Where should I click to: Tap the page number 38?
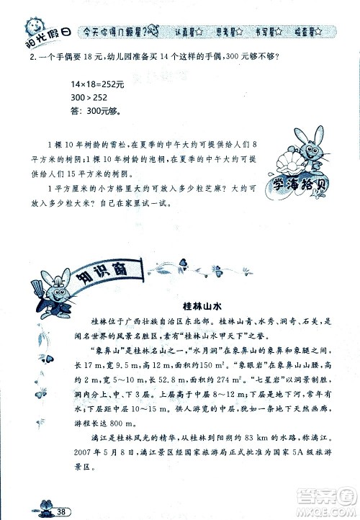point(63,511)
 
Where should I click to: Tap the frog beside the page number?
point(48,507)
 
